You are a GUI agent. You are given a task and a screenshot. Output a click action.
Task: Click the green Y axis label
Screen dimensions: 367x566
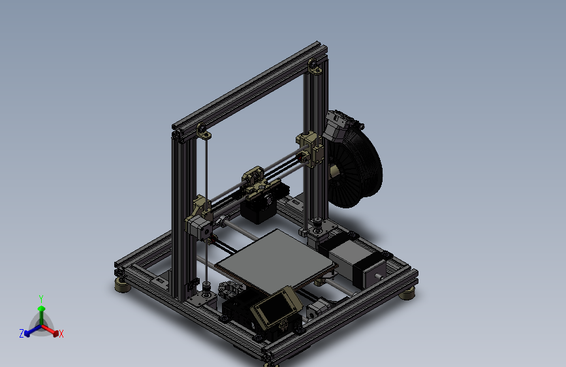point(41,298)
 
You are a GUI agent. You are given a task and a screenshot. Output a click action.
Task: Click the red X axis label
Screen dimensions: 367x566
point(61,334)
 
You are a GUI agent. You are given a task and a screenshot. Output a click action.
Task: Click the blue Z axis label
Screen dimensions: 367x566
point(22,334)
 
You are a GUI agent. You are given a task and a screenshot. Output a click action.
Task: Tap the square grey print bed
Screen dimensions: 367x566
point(274,258)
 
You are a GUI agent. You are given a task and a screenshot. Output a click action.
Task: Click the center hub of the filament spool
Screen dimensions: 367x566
point(335,171)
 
